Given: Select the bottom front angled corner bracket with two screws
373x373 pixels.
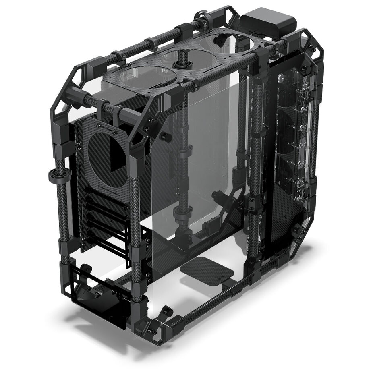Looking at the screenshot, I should [155, 328].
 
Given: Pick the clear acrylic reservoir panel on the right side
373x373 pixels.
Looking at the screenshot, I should [296, 133].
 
